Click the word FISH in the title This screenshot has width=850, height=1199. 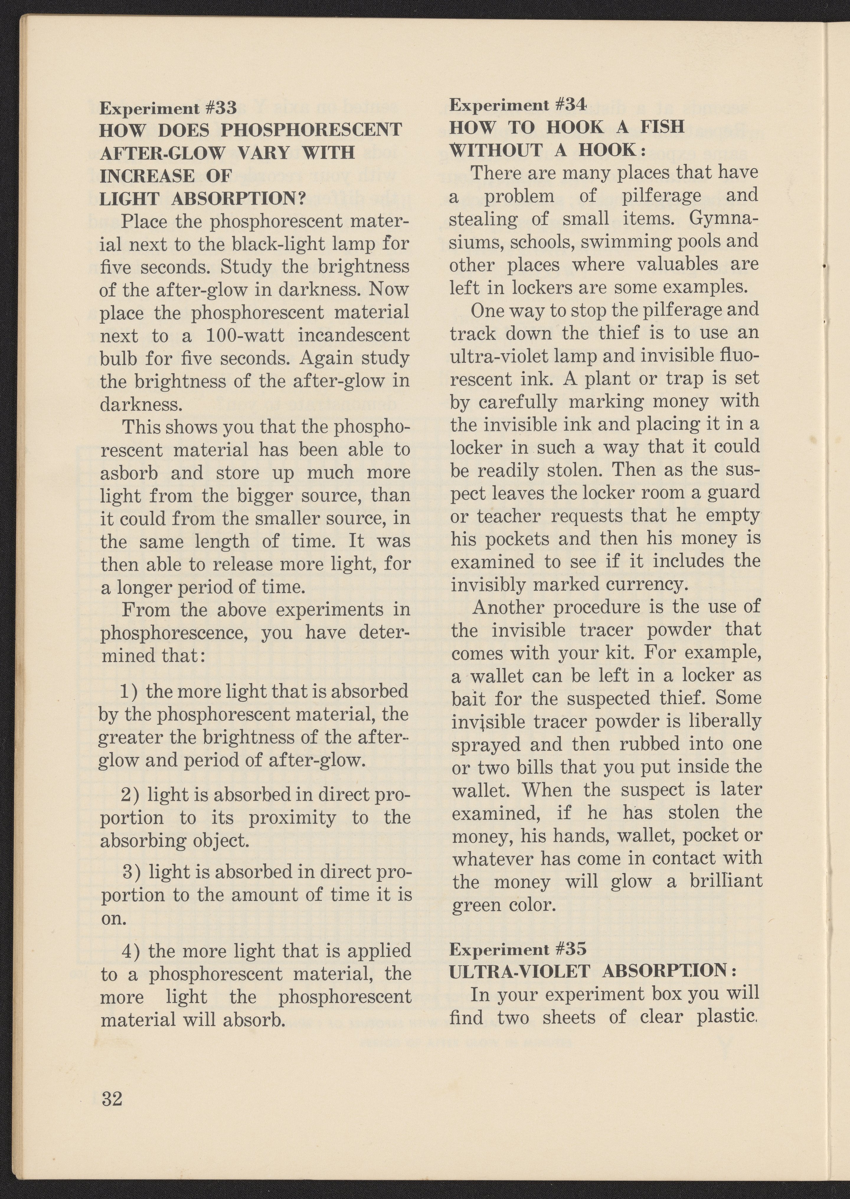tap(662, 127)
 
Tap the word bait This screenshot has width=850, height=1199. tap(467, 698)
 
